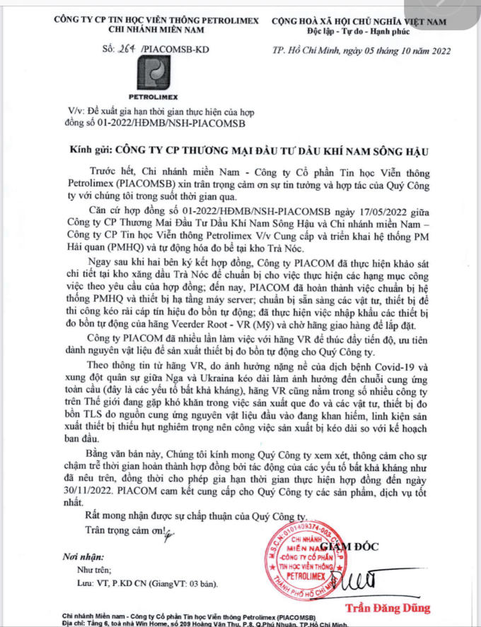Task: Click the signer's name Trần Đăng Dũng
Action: (x=387, y=608)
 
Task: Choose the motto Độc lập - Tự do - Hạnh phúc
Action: (x=359, y=32)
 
